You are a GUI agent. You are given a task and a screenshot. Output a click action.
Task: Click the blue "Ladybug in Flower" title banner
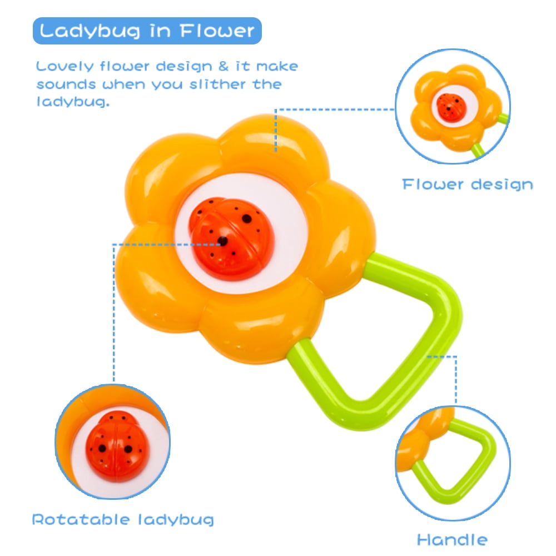pyautogui.click(x=147, y=31)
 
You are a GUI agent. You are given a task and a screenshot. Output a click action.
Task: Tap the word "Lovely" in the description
pyautogui.click(x=65, y=66)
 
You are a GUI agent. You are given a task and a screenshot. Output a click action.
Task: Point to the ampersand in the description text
pyautogui.click(x=224, y=66)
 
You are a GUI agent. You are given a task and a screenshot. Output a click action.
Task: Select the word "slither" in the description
pyautogui.click(x=217, y=84)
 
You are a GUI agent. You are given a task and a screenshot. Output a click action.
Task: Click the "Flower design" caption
pyautogui.click(x=468, y=185)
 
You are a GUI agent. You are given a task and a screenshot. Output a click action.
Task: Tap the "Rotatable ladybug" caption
pyautogui.click(x=123, y=520)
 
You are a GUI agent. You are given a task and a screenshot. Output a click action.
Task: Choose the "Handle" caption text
pyautogui.click(x=453, y=540)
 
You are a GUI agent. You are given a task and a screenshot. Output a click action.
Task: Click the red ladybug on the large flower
pyautogui.click(x=231, y=239)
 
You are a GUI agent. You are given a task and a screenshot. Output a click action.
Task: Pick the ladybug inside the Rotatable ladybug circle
pyautogui.click(x=117, y=446)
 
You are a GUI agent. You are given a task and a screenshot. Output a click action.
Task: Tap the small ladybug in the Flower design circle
pyautogui.click(x=451, y=108)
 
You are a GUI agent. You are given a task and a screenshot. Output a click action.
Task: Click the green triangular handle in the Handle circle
pyautogui.click(x=458, y=464)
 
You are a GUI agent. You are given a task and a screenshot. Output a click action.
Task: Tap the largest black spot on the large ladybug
pyautogui.click(x=247, y=219)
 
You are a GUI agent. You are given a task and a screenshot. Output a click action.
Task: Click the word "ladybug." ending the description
pyautogui.click(x=73, y=102)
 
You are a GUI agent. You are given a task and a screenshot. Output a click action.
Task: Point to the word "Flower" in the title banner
pyautogui.click(x=217, y=31)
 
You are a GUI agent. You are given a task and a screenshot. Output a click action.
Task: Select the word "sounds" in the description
pyautogui.click(x=66, y=85)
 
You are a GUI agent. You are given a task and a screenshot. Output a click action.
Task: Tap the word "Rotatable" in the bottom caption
pyautogui.click(x=81, y=519)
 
